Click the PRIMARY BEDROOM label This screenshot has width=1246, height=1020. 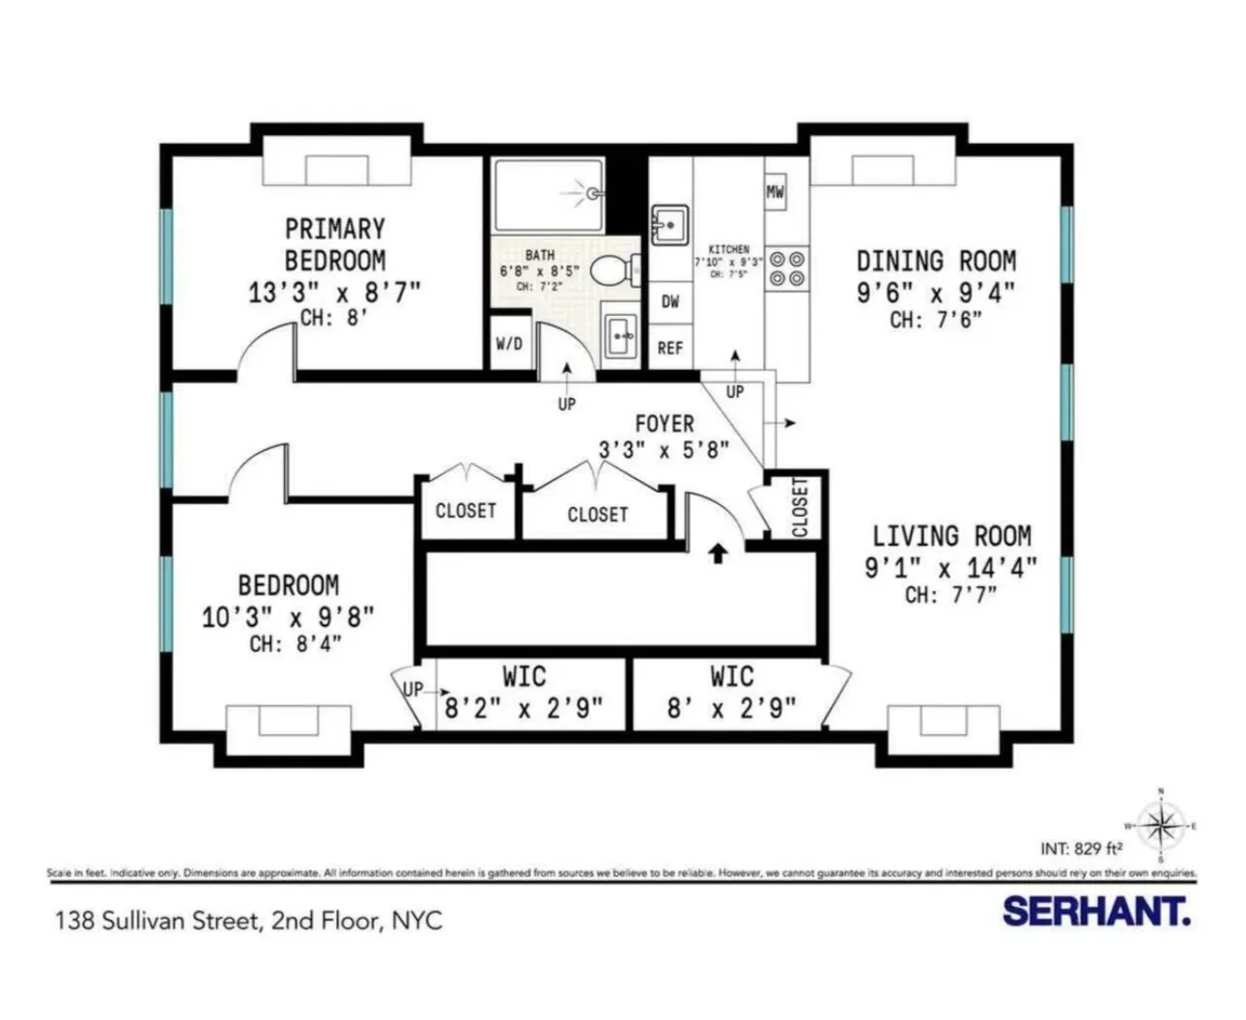pyautogui.click(x=334, y=244)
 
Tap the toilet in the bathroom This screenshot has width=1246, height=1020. pyautogui.click(x=611, y=270)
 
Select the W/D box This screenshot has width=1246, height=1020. pyautogui.click(x=509, y=343)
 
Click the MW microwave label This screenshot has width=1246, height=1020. pyautogui.click(x=775, y=191)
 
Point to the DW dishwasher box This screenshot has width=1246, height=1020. pyautogui.click(x=670, y=301)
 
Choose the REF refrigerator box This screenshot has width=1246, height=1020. pyautogui.click(x=670, y=348)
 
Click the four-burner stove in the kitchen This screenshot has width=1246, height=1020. pyautogui.click(x=786, y=269)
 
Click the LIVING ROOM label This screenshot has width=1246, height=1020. pyautogui.click(x=951, y=536)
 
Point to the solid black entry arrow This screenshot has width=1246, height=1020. pyautogui.click(x=718, y=552)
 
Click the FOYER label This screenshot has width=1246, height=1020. pyautogui.click(x=664, y=423)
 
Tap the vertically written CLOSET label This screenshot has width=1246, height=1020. pyautogui.click(x=800, y=507)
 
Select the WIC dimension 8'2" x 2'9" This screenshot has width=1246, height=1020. pyautogui.click(x=524, y=708)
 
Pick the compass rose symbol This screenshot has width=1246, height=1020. pyautogui.click(x=1160, y=826)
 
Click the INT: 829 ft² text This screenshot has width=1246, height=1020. pyautogui.click(x=1081, y=849)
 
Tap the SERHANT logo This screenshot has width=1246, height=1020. pyautogui.click(x=1095, y=911)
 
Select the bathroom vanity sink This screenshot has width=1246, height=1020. pyautogui.click(x=619, y=334)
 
